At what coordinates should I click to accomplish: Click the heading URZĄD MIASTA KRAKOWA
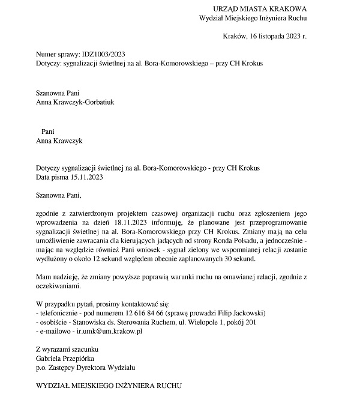(260, 9)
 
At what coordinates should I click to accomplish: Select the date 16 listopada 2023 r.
(273, 36)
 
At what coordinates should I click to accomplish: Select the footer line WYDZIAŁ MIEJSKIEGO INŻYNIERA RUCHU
(108, 384)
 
